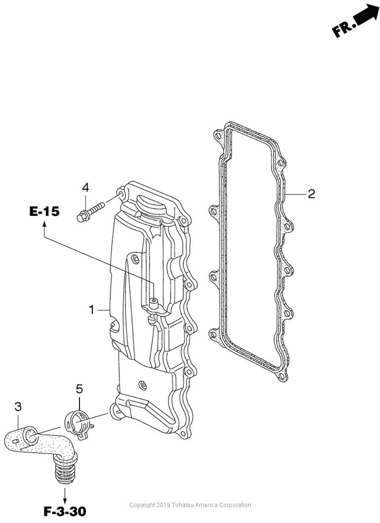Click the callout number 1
click(x=92, y=310)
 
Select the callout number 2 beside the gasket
click(x=311, y=194)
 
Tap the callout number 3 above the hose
click(x=18, y=406)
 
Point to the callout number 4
click(x=86, y=188)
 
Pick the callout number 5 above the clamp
click(x=79, y=389)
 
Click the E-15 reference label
click(x=44, y=212)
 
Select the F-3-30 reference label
click(x=65, y=512)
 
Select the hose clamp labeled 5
click(x=79, y=422)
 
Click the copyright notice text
click(x=190, y=505)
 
